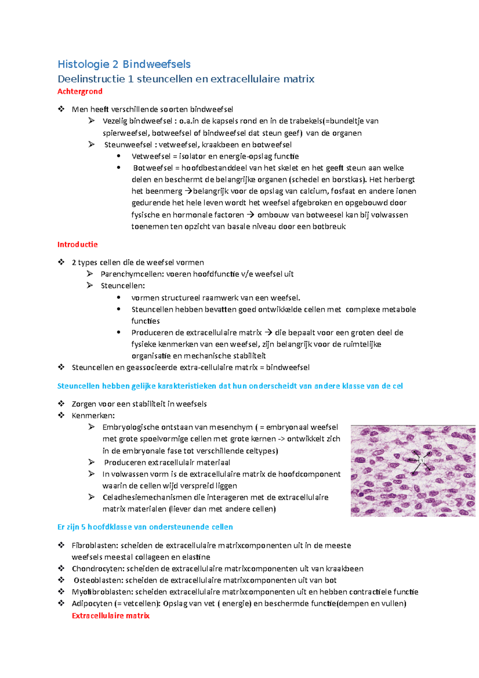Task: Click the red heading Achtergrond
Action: coord(80,91)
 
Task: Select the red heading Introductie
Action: coord(77,244)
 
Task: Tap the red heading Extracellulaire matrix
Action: coord(111,616)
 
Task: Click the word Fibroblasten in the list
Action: coord(95,545)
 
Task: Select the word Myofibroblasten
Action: coord(102,592)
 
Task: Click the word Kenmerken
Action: coord(93,416)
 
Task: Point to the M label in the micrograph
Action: coord(422,460)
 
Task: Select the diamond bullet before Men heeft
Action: coord(61,109)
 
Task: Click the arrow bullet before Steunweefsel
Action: coord(91,145)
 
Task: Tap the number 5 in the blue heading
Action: coord(83,527)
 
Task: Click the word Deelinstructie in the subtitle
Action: coord(91,79)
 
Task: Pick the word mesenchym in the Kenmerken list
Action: coord(231,427)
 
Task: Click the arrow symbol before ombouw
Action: coord(250,215)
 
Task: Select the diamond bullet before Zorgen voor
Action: coord(61,404)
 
